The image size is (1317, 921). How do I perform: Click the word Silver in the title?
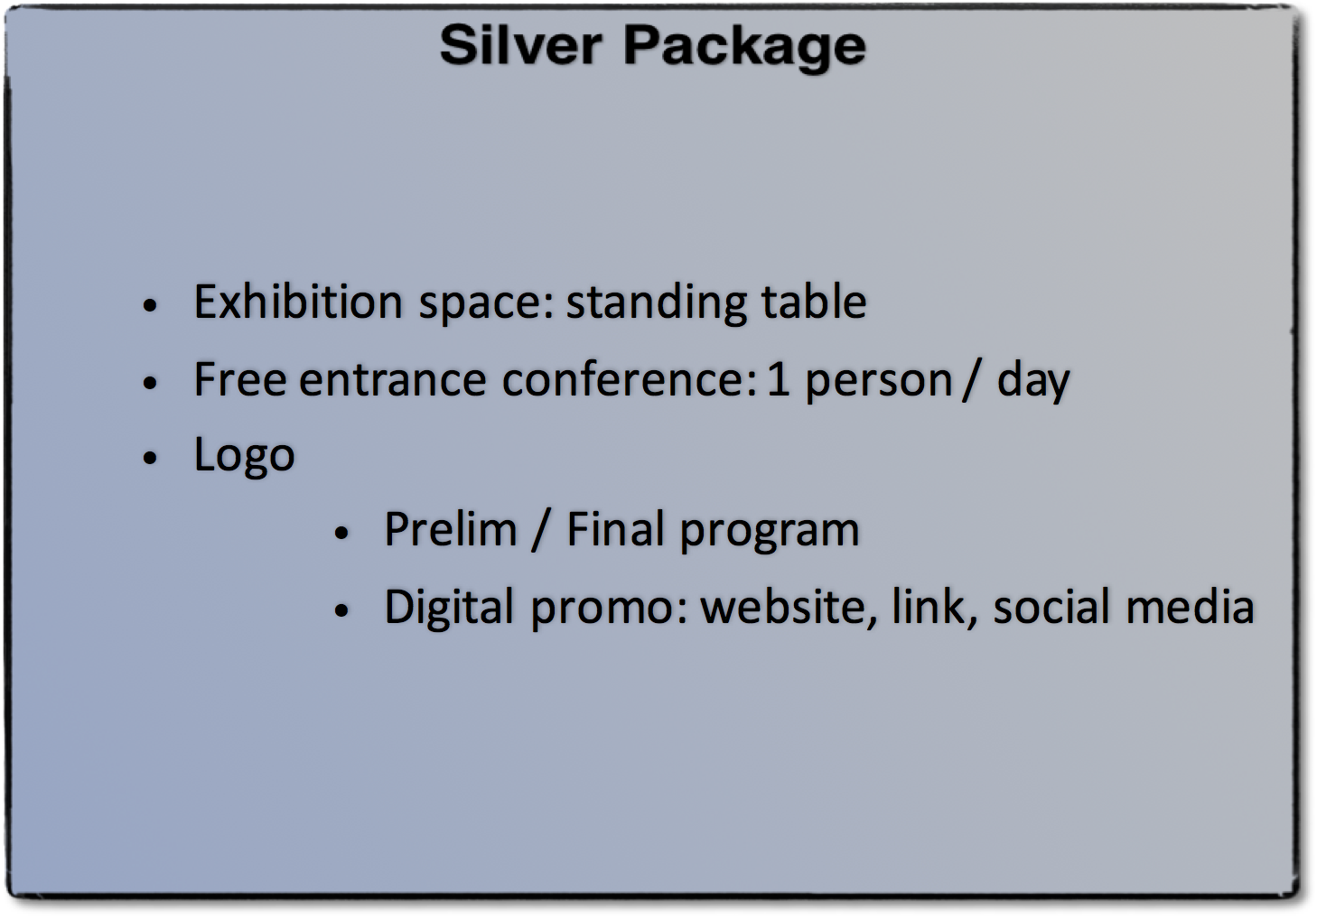point(521,45)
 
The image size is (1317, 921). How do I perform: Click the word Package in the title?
point(744,49)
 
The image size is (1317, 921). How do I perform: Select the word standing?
point(656,304)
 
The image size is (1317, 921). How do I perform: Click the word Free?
point(240,379)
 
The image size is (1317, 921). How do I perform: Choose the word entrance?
point(393,381)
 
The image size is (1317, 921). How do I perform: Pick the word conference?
point(629,379)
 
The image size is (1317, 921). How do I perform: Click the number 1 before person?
point(778,379)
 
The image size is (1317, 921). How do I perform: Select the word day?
point(1033,382)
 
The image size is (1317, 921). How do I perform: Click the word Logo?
point(244,456)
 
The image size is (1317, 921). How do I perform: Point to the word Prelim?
point(451,529)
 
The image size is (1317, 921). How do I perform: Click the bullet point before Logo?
point(151,457)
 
